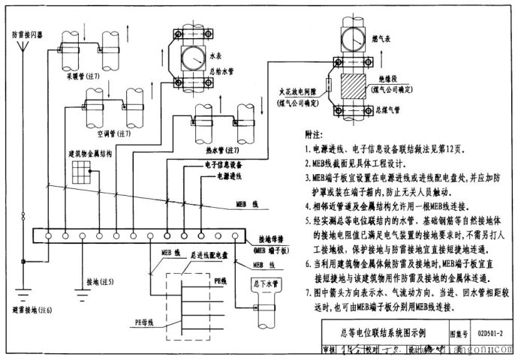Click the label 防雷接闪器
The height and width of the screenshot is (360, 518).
(26, 35)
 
